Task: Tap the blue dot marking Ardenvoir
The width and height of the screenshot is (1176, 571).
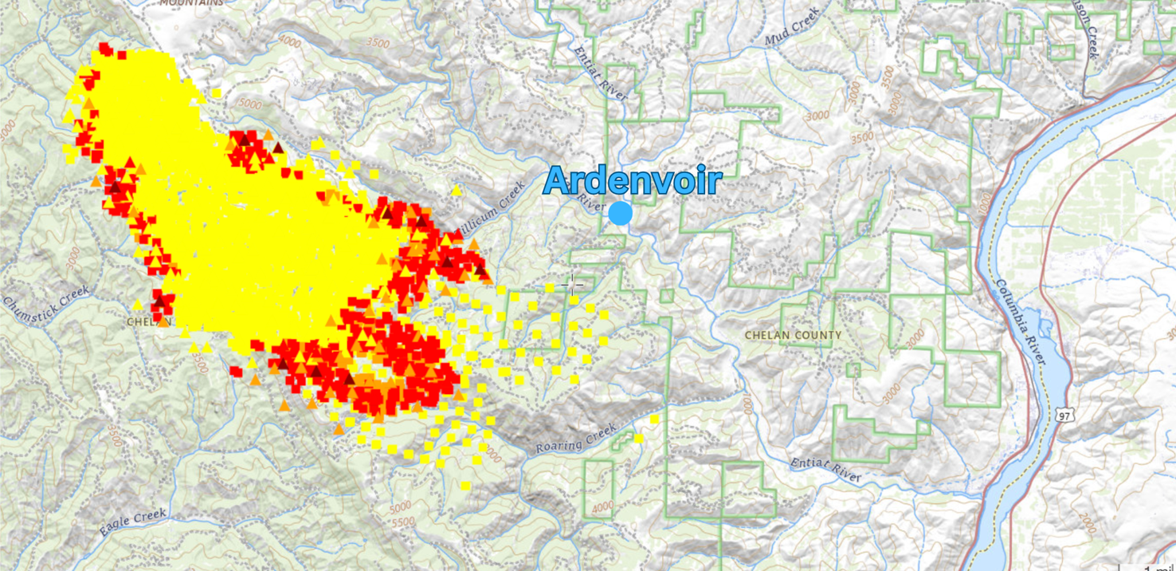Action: point(620,214)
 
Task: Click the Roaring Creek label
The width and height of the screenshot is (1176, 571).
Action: point(576,438)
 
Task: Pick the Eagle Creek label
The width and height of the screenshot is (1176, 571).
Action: point(133,522)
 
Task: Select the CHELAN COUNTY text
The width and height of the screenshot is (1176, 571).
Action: point(793,335)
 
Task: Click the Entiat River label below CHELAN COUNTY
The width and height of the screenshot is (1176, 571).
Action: point(825,469)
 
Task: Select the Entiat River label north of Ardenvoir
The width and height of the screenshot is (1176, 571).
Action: point(602,72)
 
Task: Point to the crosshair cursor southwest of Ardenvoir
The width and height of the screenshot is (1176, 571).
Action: point(571,283)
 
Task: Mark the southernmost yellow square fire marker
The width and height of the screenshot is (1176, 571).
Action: point(465,486)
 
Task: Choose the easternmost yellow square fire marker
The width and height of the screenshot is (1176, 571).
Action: point(654,419)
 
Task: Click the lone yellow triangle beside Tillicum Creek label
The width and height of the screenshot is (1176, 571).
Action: point(457,191)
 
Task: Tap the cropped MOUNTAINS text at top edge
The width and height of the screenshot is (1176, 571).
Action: point(191,3)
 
